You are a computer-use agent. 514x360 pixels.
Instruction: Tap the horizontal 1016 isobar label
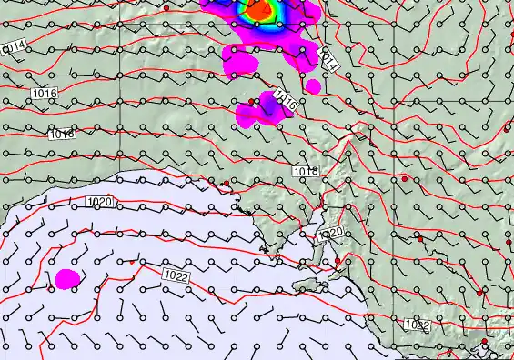click(44, 94)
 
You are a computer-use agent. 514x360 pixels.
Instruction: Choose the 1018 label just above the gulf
click(306, 171)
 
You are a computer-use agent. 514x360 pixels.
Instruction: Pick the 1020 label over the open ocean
click(100, 202)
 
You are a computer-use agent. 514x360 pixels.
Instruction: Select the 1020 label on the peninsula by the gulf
click(333, 234)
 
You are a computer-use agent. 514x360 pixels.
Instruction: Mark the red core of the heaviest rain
click(261, 10)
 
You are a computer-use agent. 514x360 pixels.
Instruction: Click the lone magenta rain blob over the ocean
click(66, 278)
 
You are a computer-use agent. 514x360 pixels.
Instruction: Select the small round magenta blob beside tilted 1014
click(313, 86)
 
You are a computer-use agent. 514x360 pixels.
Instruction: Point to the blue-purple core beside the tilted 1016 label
click(269, 107)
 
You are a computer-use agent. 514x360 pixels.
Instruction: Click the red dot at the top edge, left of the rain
click(166, 7)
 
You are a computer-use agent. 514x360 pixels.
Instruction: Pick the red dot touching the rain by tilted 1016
click(252, 100)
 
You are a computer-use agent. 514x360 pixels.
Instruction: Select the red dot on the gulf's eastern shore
click(338, 262)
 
